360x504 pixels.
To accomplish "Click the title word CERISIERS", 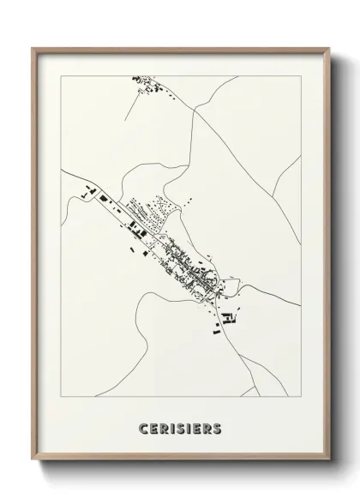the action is (x=179, y=427).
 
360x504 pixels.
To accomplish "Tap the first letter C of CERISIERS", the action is (x=141, y=427).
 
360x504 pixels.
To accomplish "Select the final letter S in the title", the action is (x=218, y=427).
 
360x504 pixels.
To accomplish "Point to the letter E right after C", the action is (x=152, y=427).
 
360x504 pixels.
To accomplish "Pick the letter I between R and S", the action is (x=171, y=427).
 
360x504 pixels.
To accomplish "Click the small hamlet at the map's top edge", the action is (x=147, y=85).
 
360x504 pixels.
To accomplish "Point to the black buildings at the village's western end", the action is (x=91, y=192).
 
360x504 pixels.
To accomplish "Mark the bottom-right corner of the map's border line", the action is (x=301, y=397).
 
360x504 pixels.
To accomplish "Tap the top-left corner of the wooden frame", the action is (x=33, y=48).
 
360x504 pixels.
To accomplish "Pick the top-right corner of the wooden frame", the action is (x=327, y=48).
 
